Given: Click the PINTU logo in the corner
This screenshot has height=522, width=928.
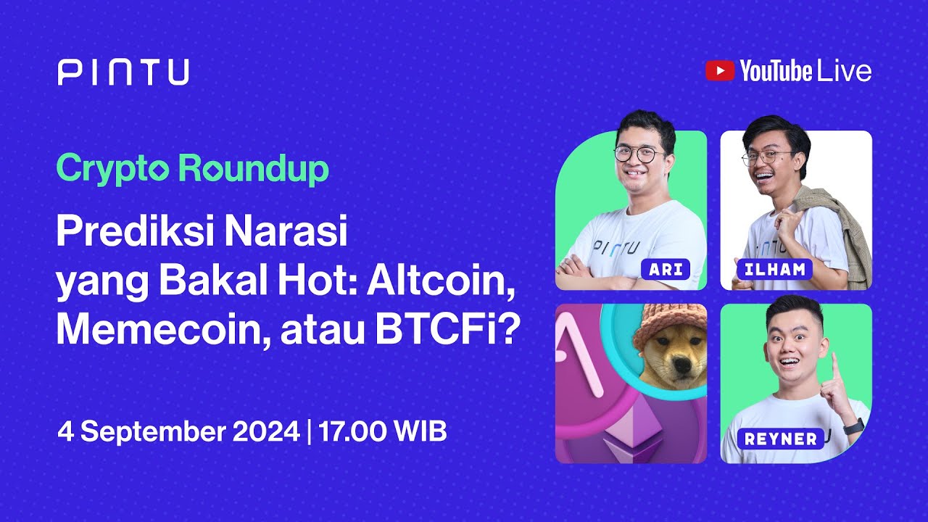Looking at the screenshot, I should coord(123,72).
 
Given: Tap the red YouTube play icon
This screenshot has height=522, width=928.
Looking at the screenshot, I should coord(719,70).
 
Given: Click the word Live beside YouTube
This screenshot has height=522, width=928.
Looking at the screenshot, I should coord(844,71).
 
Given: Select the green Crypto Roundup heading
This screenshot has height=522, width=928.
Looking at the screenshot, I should coord(192,169).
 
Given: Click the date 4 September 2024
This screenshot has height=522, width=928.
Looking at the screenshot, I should coord(178,431).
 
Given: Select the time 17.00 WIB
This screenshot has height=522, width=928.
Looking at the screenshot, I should coord(382,431).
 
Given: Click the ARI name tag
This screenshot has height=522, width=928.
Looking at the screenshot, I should coord(661,269).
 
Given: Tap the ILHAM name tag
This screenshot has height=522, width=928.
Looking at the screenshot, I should coord(774,270).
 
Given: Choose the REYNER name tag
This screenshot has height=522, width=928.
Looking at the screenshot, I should coord(779,439).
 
